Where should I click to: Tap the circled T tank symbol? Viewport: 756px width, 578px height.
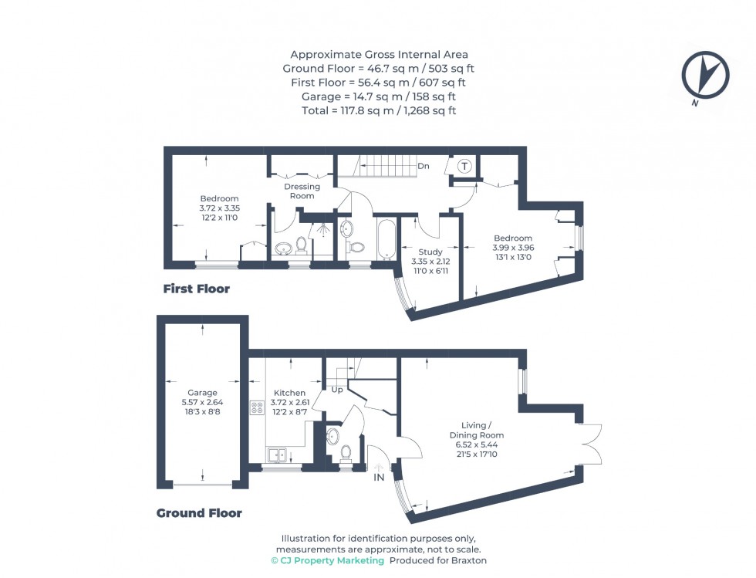tap(464, 166)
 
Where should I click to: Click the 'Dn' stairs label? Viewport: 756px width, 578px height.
tap(424, 166)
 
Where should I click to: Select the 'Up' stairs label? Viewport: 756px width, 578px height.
tap(337, 390)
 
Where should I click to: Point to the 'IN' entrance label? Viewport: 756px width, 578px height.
tap(379, 478)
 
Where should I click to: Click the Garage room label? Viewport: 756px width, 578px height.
tap(203, 393)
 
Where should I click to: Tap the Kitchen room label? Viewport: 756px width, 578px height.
tap(289, 393)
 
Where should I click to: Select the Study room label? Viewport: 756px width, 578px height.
tap(430, 252)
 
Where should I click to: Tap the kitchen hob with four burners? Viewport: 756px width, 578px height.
tap(257, 408)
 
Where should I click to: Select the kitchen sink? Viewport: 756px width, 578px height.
tap(276, 455)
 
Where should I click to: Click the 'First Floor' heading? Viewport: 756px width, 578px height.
tap(196, 289)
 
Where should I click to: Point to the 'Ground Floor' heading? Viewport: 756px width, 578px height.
tap(199, 513)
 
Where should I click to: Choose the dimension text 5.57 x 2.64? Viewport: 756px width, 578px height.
tap(203, 403)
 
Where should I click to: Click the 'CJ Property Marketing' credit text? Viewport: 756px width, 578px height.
tap(327, 560)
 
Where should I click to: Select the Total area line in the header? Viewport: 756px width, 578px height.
tap(379, 110)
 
